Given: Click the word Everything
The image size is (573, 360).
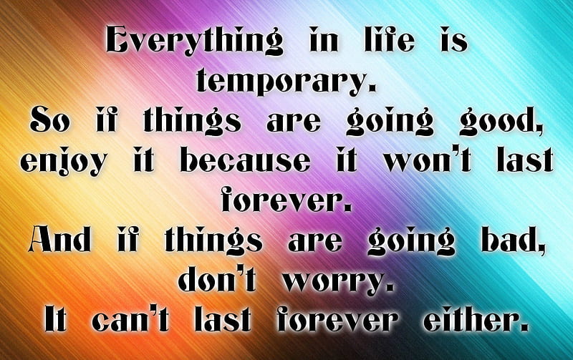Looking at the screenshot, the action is pos(194,40).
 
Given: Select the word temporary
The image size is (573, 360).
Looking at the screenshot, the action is pos(281,81).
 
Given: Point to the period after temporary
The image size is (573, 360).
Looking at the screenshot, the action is pos(372,87).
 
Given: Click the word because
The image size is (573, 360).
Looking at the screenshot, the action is pos(245,160).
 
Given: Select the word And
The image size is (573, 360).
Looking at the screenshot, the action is pos(59,239).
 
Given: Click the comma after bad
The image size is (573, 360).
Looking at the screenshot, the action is pos(540,248).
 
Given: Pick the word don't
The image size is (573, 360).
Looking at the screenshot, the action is pos(217,279).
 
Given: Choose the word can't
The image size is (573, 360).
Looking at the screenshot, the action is pos(130,318).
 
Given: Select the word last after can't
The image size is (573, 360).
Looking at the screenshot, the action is pos(223,318).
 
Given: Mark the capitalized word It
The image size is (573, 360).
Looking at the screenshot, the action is pos(55,318).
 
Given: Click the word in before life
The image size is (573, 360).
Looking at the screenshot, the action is pos(324,39).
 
